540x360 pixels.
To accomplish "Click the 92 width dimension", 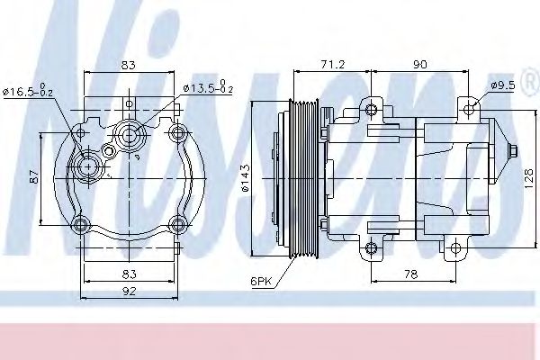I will [131, 291].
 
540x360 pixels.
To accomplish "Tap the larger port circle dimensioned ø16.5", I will [88, 166].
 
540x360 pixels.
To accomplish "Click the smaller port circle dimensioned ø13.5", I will [129, 137].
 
